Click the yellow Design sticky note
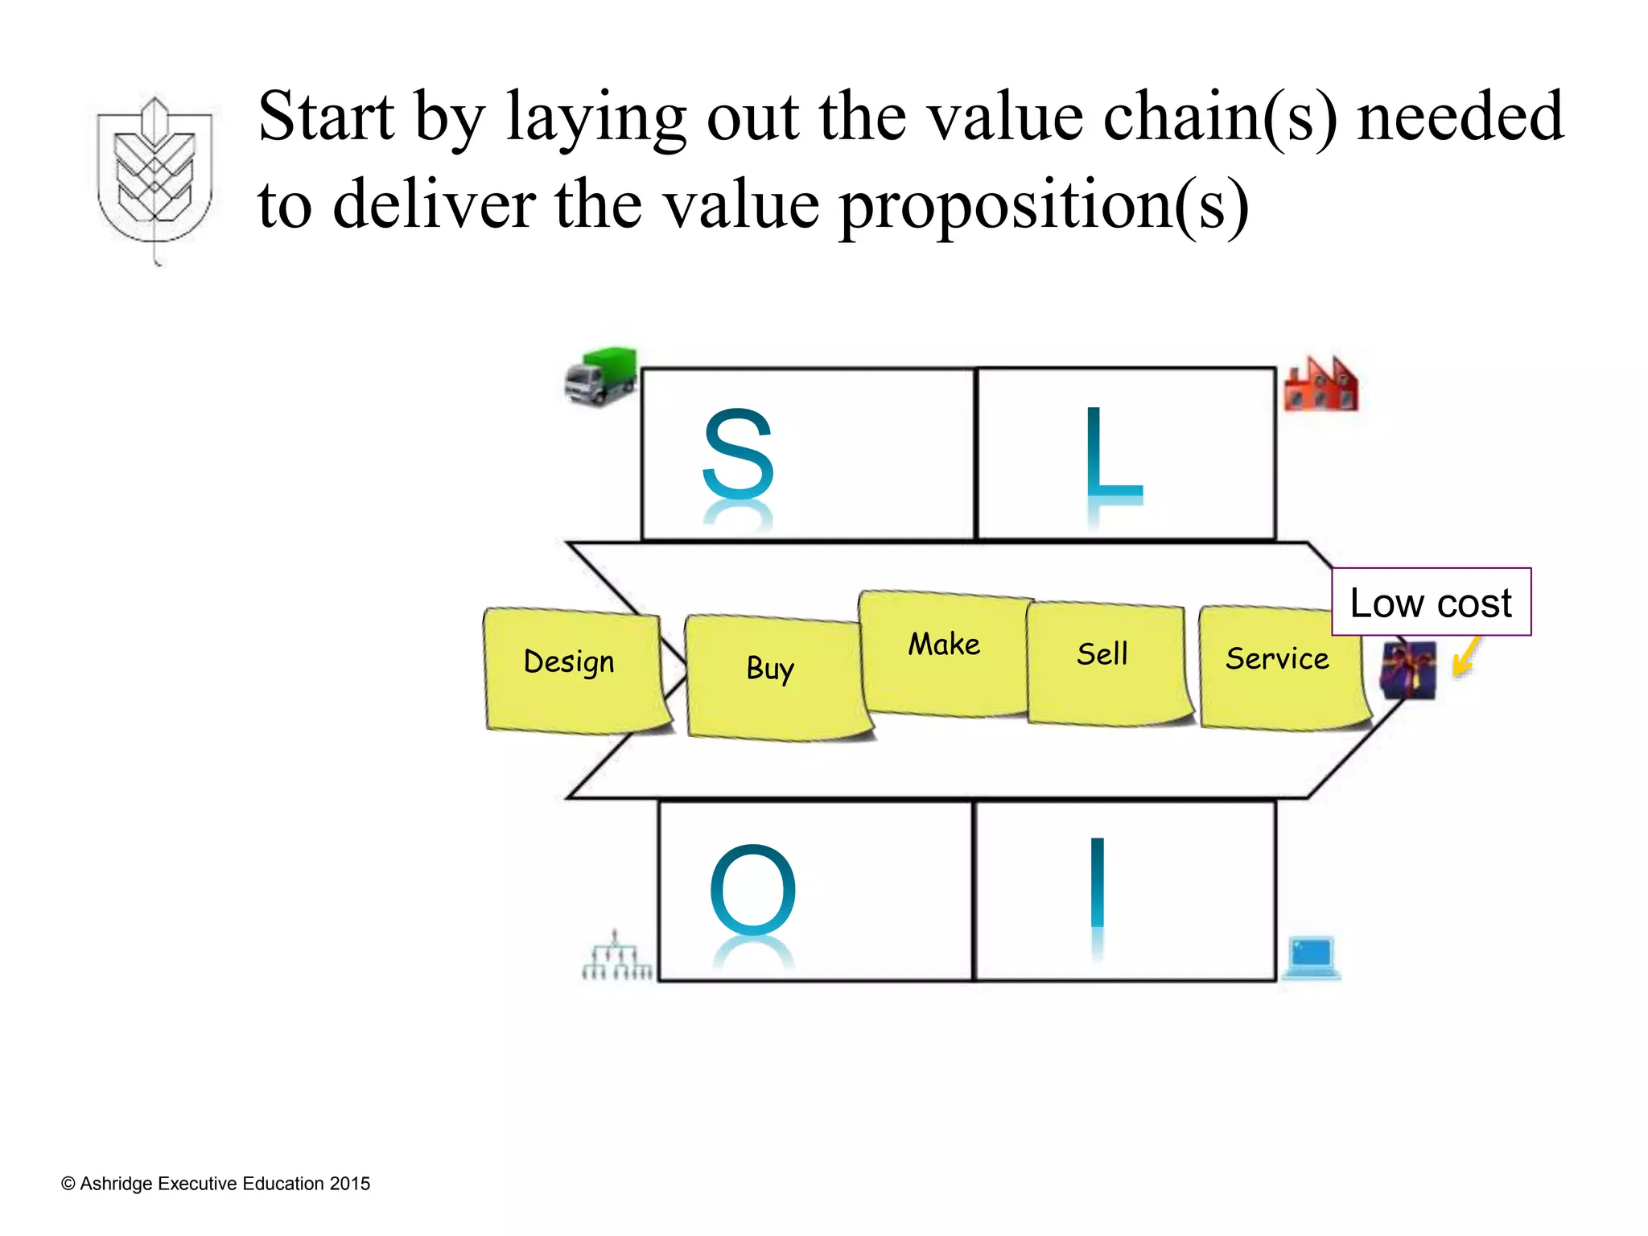pos(575,669)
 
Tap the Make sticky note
pos(945,652)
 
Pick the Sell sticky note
pos(1106,663)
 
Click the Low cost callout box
pos(1431,602)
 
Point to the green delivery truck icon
pos(601,376)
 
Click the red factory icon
pos(1320,385)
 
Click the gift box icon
pos(1408,669)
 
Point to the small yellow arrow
pos(1466,657)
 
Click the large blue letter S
pos(738,455)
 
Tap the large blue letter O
pos(752,889)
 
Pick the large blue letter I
pos(1097,884)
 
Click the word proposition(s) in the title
pos(1044,206)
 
